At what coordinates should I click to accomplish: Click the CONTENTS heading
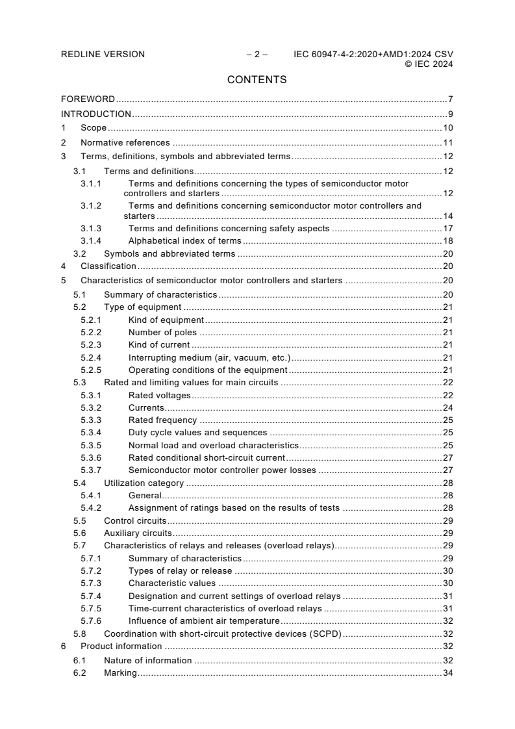point(257,80)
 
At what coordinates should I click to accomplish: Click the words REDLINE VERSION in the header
point(103,55)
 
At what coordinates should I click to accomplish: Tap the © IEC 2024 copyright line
point(429,64)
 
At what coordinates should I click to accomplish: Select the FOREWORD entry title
point(88,99)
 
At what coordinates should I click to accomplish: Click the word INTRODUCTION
point(96,114)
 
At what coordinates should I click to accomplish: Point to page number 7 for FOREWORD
point(450,99)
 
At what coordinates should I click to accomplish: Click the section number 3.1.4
point(91,240)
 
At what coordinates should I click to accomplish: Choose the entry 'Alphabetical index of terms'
point(185,240)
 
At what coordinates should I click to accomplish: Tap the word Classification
point(108,266)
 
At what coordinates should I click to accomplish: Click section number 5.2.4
point(91,357)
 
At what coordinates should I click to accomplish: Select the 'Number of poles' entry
point(162,333)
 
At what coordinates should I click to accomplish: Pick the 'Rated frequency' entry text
point(162,420)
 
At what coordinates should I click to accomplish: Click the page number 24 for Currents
point(447,408)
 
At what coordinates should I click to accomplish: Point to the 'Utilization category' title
point(144,483)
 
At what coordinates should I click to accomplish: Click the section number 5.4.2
point(91,508)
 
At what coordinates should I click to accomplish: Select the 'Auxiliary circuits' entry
point(138,533)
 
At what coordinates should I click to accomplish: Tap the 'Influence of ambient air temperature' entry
point(205,621)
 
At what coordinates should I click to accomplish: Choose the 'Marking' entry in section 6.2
point(120,672)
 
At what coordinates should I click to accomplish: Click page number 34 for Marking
point(447,672)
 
